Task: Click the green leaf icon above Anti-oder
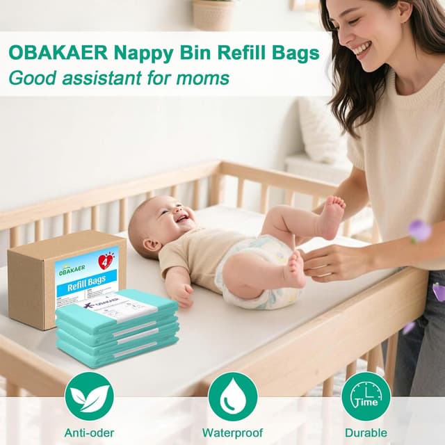coord(88,396)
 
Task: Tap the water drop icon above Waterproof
coord(232,396)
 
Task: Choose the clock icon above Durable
coord(366,396)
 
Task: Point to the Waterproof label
coord(232,432)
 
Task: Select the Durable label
coord(366,432)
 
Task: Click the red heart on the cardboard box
coord(106,261)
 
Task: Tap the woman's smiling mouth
coord(362,49)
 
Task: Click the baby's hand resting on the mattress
coord(182,295)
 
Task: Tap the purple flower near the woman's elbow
coord(419,230)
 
